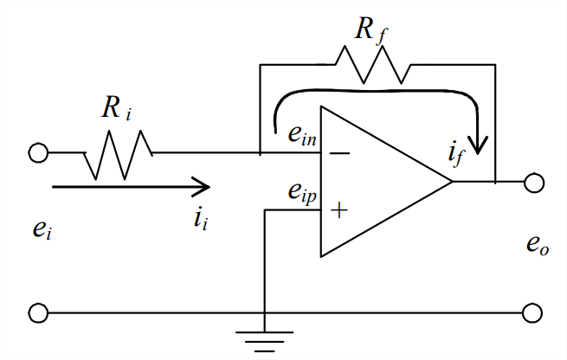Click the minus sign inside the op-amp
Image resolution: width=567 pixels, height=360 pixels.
point(340,154)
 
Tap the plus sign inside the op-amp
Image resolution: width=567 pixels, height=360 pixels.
point(340,209)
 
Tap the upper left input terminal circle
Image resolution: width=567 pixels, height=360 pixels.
point(38,153)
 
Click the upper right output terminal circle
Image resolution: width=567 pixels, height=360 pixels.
point(533,182)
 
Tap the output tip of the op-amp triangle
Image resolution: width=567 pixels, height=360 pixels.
point(452,182)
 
